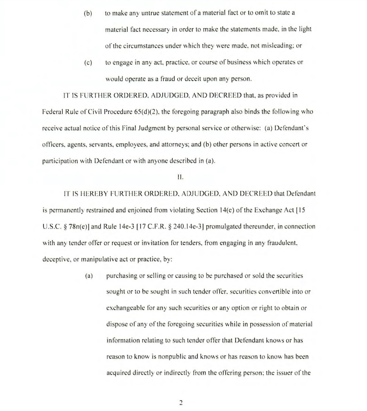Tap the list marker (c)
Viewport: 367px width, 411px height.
tap(88, 62)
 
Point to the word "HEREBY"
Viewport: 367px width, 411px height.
tap(86, 193)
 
